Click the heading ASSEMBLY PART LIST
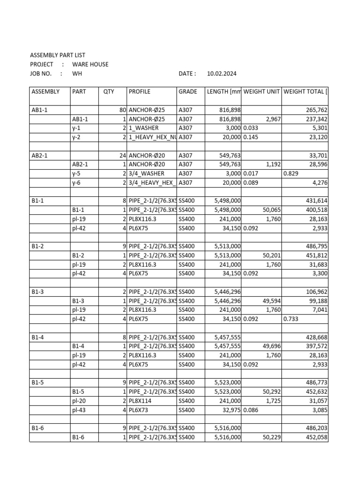(58, 55)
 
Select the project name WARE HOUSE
(90, 64)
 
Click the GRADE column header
(188, 91)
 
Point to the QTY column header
(109, 91)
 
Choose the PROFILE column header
(140, 91)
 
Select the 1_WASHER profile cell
(144, 128)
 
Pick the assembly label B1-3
(38, 292)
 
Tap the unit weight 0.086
(251, 410)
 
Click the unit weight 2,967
(273, 119)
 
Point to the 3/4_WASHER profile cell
(147, 173)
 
